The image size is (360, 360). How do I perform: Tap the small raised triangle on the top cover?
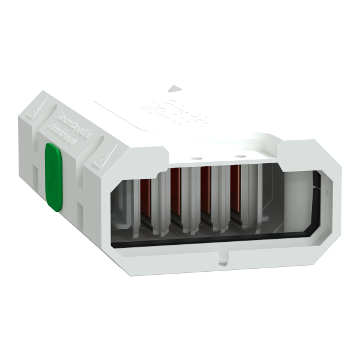(173, 88)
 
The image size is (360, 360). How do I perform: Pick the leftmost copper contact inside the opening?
(146, 201)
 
